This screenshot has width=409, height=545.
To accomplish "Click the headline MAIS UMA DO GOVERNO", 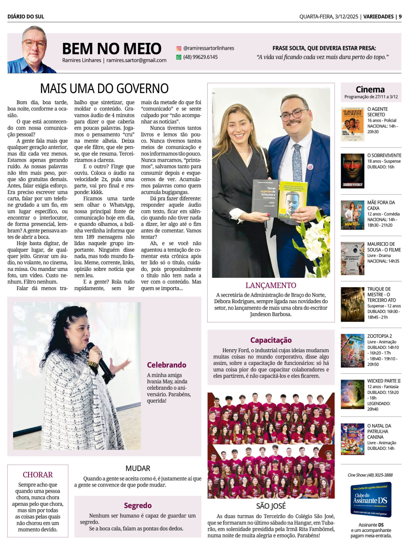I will click(x=104, y=88).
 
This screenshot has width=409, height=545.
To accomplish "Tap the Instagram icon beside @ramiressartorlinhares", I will click(x=179, y=48).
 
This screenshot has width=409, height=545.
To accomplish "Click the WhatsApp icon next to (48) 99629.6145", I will click(x=179, y=57).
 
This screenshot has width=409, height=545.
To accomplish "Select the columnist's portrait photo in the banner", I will click(x=33, y=50).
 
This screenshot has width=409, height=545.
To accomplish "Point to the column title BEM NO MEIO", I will click(x=112, y=49).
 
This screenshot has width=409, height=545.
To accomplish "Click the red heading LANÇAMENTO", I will click(x=271, y=285).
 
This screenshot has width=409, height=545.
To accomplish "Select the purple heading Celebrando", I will click(x=166, y=365).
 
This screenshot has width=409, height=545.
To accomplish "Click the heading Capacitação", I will click(x=271, y=340).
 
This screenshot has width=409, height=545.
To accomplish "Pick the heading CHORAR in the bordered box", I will click(x=38, y=475).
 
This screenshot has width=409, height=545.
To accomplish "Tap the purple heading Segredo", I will click(x=138, y=505).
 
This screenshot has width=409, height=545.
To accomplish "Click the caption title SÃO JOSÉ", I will click(x=271, y=506).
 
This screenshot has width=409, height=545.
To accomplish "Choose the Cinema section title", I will click(x=370, y=89).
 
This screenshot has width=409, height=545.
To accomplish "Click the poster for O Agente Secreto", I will click(x=353, y=124).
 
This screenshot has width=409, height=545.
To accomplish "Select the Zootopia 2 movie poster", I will click(x=353, y=351).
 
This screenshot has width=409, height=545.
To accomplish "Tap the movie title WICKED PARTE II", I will click(x=384, y=381).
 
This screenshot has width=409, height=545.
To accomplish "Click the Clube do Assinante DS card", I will click(x=371, y=499).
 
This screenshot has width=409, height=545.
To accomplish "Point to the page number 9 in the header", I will click(x=400, y=17).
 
